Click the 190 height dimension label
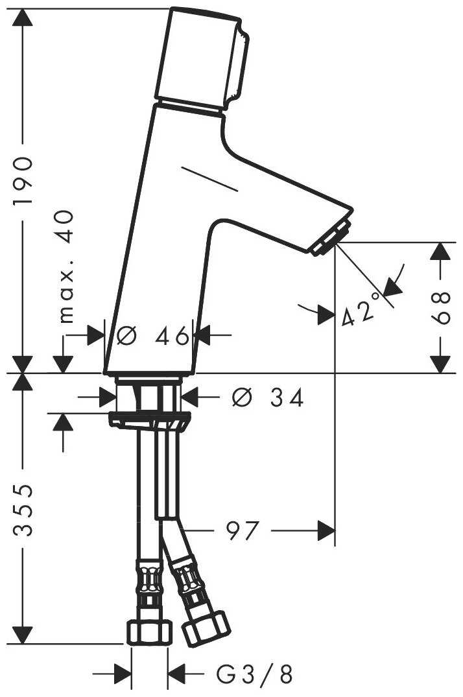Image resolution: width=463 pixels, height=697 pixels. pos(23,182)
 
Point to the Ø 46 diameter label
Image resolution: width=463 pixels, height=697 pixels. pos(153,336)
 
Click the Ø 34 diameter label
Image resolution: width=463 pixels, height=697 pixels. pos(267,398)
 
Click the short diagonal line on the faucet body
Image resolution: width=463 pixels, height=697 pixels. pos(210,179)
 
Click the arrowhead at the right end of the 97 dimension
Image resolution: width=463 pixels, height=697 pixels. pos(327,532)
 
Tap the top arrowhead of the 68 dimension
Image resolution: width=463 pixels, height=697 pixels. pos(442,252)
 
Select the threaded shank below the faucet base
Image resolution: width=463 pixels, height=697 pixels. pos(148,394)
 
